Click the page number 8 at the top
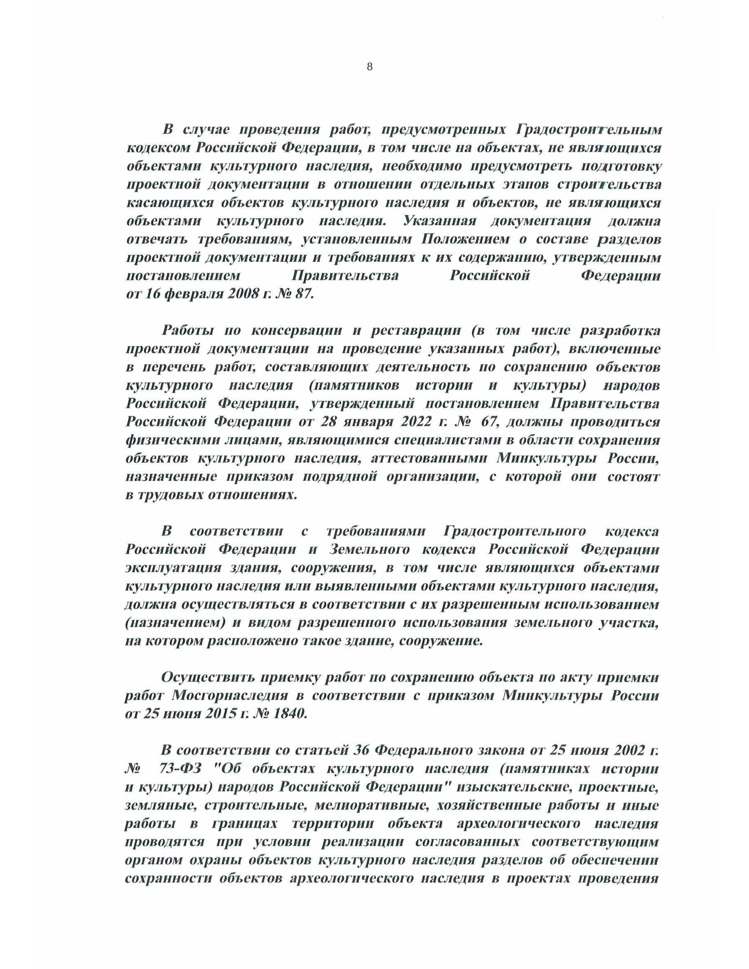coord(370,67)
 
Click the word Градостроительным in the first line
coord(589,130)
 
